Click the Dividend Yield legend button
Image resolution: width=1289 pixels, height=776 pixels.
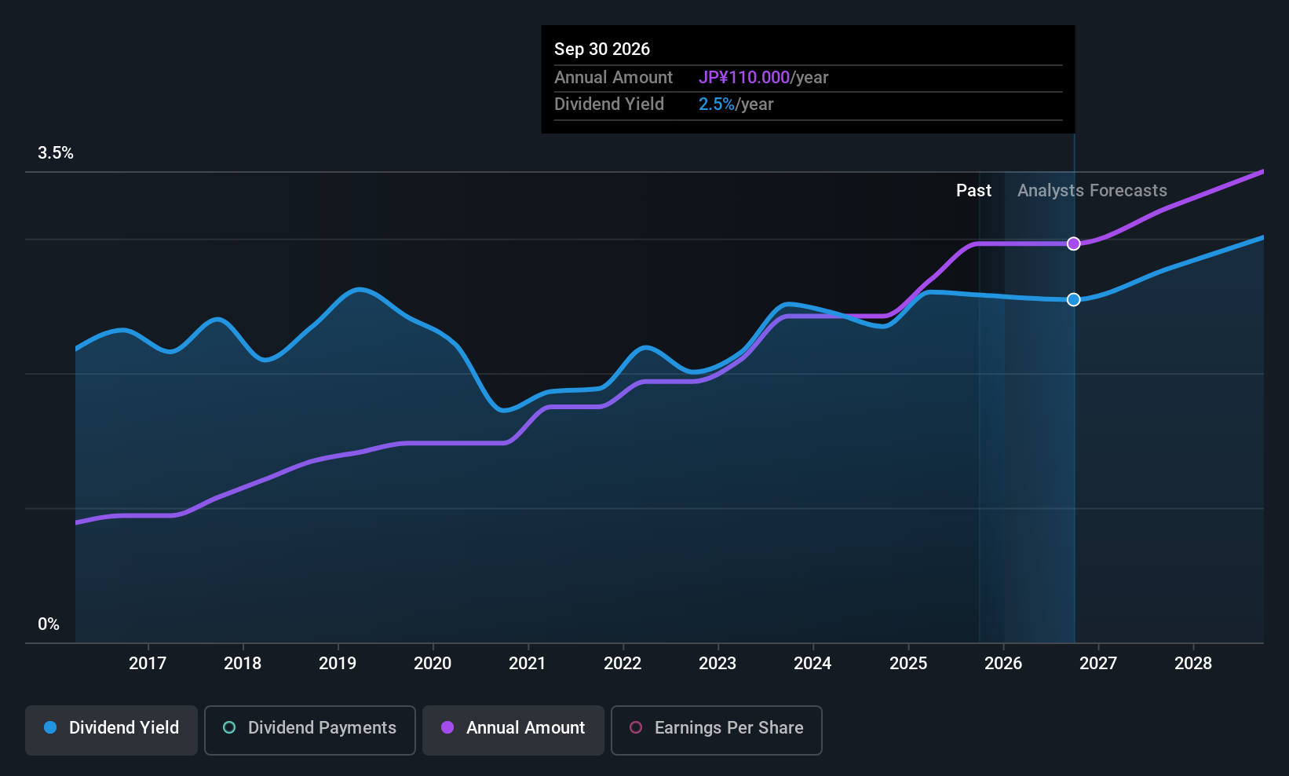coord(111,730)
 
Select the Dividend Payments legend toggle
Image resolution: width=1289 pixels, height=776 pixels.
coord(309,730)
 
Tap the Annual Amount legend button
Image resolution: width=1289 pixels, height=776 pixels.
coord(513,730)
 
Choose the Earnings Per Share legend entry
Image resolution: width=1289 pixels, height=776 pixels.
coord(717,730)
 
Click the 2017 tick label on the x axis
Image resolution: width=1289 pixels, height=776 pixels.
coord(148,663)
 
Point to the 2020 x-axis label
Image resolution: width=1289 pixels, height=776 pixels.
coord(433,663)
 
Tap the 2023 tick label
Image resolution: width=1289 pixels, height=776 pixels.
coord(718,663)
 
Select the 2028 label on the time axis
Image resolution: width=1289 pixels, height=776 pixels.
coord(1193,663)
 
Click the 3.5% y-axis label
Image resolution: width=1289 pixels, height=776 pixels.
coord(56,153)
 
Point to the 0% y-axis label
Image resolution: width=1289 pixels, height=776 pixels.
coord(49,624)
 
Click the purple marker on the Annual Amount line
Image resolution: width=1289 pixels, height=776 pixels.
coord(1073,244)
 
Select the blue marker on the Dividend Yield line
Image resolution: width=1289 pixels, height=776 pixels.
coord(1073,300)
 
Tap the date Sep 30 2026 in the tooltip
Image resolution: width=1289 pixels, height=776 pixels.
coord(602,49)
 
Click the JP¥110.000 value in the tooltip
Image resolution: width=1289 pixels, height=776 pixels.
coord(744,77)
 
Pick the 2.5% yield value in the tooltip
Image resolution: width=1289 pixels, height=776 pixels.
coord(717,104)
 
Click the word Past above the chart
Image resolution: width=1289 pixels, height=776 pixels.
coord(973,191)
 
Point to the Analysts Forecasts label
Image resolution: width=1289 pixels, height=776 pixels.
coord(1092,191)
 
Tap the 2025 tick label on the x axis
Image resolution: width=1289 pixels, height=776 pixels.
coord(908,663)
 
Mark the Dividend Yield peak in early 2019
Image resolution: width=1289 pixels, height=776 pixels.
coord(360,289)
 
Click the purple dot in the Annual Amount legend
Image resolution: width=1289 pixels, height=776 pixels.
coord(447,727)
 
